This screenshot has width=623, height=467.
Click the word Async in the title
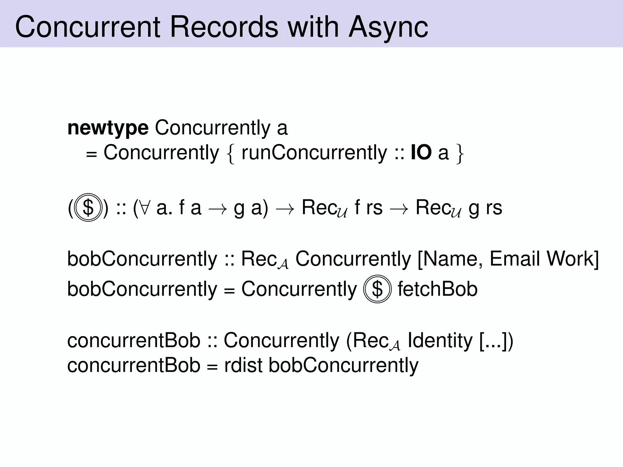click(x=388, y=27)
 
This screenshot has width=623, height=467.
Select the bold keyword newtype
click(x=108, y=128)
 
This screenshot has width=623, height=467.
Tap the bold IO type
click(x=421, y=153)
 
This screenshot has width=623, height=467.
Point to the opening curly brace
click(x=231, y=154)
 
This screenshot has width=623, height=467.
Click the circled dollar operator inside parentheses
click(x=88, y=208)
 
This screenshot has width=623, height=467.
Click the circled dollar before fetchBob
click(x=377, y=289)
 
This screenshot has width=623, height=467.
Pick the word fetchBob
click(x=437, y=289)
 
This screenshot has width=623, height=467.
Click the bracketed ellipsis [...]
click(x=493, y=341)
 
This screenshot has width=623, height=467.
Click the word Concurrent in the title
click(x=88, y=27)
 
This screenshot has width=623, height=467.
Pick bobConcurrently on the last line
click(x=343, y=365)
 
